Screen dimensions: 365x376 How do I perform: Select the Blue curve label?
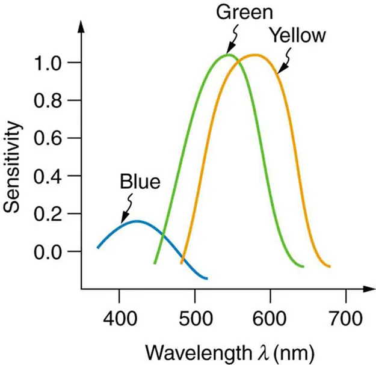click(x=140, y=181)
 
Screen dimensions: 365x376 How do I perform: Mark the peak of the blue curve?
click(x=137, y=221)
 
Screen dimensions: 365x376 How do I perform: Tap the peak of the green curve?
click(x=228, y=55)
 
